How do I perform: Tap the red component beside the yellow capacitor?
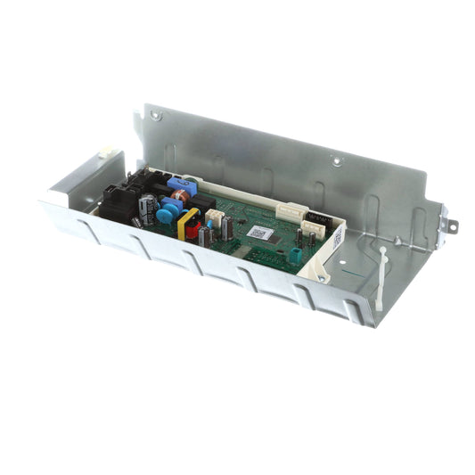pos(193,231)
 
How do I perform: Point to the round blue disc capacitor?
pos(167,214)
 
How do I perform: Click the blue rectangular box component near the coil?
pos(176,183)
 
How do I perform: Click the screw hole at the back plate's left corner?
pos(156,115)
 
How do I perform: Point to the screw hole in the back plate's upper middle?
pos(336,161)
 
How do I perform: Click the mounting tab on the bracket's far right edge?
pos(449,228)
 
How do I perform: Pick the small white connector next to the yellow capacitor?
pos(214,217)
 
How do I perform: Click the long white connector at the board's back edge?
pos(291,212)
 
